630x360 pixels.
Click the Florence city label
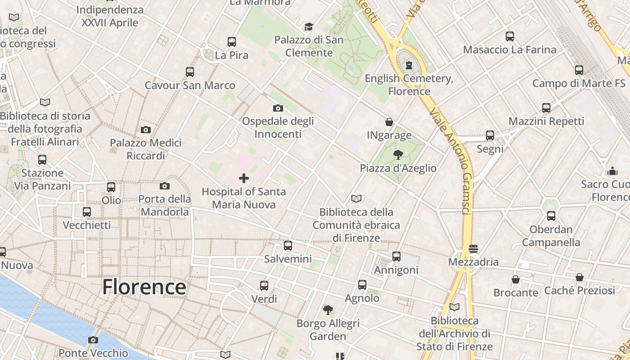click(144, 287)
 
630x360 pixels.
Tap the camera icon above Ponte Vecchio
click(93, 340)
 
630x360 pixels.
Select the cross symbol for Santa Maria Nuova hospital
click(243, 178)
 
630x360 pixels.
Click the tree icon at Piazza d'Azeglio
click(398, 155)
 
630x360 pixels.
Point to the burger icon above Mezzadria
click(473, 248)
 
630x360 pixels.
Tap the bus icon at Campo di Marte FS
click(579, 70)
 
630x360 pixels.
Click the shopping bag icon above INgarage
click(389, 122)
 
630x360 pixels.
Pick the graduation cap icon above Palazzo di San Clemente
click(309, 27)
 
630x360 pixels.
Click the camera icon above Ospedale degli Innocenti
click(278, 108)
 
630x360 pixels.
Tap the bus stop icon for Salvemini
click(288, 246)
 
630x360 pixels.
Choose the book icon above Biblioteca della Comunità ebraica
click(356, 198)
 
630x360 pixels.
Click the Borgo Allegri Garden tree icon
click(328, 310)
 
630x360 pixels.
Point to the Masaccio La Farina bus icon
click(509, 36)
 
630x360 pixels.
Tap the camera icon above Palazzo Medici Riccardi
click(145, 130)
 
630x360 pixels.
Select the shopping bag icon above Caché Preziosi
click(580, 277)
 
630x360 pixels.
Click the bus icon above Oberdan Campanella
click(551, 216)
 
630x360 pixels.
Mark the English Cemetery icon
click(409, 65)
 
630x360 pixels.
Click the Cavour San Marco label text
click(189, 85)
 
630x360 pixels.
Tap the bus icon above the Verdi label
click(264, 285)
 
